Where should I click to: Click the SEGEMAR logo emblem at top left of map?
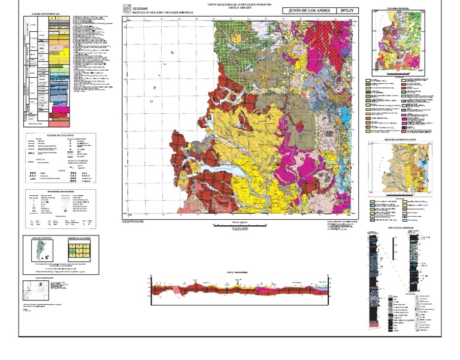(x=126, y=9)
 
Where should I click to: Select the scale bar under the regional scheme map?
(x=393, y=76)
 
